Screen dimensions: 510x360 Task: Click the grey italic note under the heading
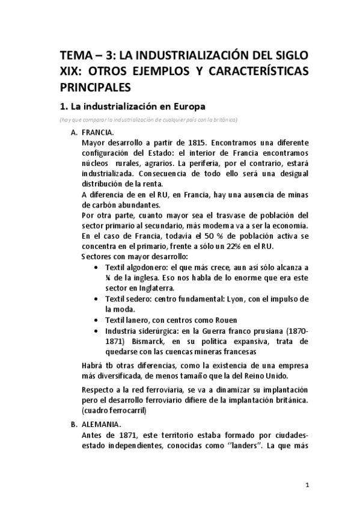(148, 120)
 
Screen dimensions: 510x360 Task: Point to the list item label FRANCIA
(98, 132)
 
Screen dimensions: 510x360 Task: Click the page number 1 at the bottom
(307, 485)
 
